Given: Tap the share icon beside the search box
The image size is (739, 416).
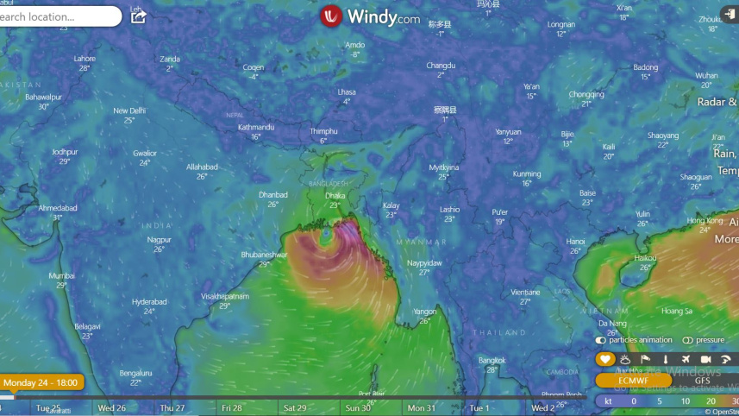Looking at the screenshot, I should pos(138,16).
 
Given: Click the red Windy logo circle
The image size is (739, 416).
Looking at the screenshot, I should pos(331,16).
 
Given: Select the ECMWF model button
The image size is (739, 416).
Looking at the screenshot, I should pos(633,381).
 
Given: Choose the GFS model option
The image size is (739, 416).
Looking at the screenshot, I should pos(703,381).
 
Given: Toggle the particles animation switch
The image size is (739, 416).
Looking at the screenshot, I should pos(602,340).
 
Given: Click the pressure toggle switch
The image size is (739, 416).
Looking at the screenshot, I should pos(688,340).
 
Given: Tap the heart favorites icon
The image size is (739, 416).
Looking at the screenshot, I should pos(605,360).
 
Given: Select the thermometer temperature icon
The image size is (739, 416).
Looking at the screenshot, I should pos(665,360).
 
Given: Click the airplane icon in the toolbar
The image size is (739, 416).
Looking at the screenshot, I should pos(686,360).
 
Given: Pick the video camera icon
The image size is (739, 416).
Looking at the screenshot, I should pos(705,360).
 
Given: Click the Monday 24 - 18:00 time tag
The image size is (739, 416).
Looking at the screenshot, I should pos(41,382).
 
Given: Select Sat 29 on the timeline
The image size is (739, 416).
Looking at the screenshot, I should pos(295,407).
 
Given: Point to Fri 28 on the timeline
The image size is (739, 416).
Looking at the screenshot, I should pos(231,407).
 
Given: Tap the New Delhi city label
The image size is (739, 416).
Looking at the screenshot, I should pos(129,110).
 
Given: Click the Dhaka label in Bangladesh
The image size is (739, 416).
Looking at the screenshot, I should pos(335,195).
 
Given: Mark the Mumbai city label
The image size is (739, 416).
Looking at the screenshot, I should pos(61,276).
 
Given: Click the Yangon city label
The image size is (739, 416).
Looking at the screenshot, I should pos(424,312).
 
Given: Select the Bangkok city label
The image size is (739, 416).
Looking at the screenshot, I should pos(492,359).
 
